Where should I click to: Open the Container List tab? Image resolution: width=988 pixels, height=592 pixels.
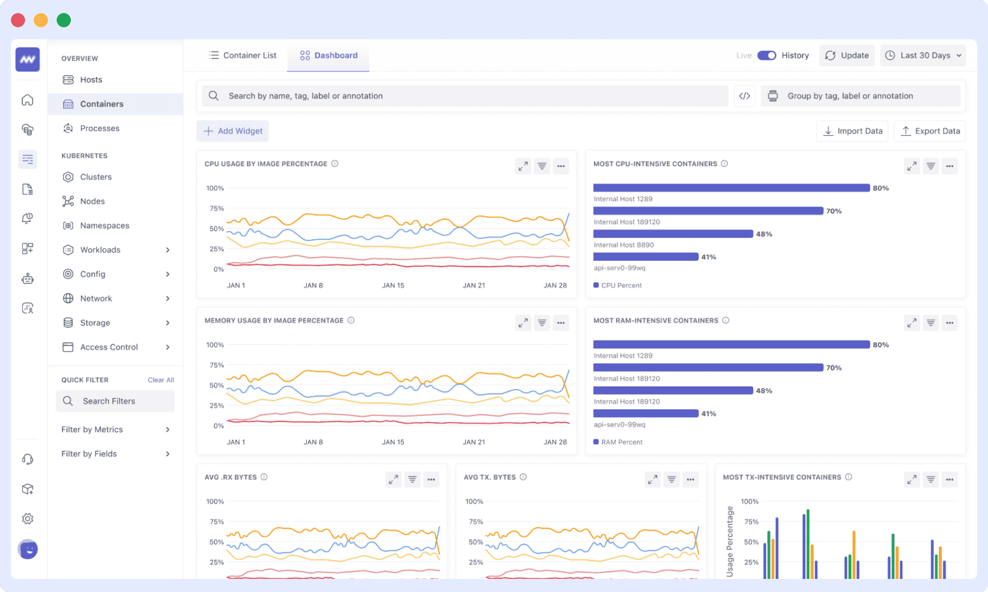pyautogui.click(x=243, y=56)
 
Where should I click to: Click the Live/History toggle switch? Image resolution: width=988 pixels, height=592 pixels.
pyautogui.click(x=766, y=56)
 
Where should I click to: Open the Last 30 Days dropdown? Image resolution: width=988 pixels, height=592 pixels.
pyautogui.click(x=923, y=56)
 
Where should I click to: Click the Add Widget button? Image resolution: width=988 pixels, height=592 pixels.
pyautogui.click(x=233, y=131)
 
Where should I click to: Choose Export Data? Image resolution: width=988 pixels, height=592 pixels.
pyautogui.click(x=930, y=131)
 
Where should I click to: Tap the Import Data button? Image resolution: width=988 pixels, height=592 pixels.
pyautogui.click(x=852, y=131)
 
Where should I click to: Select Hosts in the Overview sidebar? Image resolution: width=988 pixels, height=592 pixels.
pyautogui.click(x=91, y=80)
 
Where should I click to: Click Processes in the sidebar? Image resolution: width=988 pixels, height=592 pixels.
pyautogui.click(x=99, y=128)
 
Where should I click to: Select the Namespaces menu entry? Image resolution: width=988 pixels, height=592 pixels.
pyautogui.click(x=104, y=225)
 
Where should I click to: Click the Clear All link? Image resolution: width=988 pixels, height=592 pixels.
pyautogui.click(x=161, y=380)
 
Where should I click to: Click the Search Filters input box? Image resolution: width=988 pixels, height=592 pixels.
pyautogui.click(x=116, y=401)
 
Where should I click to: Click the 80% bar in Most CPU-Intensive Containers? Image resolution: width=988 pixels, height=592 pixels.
pyautogui.click(x=731, y=188)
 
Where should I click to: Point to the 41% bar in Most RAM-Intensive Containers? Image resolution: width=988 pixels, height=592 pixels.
pyautogui.click(x=645, y=413)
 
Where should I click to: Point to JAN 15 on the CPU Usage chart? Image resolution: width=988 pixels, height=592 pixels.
pyautogui.click(x=393, y=285)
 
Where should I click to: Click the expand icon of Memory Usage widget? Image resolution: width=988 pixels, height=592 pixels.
pyautogui.click(x=523, y=323)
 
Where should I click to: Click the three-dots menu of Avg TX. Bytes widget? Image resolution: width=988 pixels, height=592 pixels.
pyautogui.click(x=690, y=480)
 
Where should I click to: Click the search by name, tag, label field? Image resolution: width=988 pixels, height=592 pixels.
pyautogui.click(x=464, y=96)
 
